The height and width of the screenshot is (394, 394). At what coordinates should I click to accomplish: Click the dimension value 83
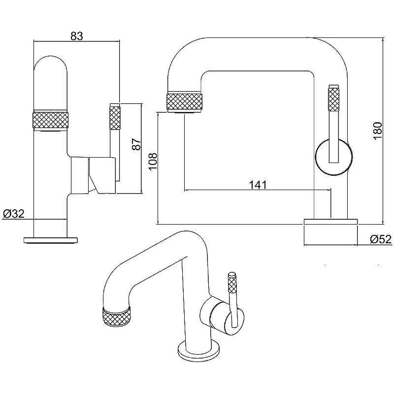click(76, 36)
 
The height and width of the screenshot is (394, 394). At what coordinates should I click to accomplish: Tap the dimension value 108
click(152, 160)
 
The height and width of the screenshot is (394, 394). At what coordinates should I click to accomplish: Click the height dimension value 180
click(378, 131)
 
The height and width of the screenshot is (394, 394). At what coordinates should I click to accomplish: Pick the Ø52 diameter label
click(380, 239)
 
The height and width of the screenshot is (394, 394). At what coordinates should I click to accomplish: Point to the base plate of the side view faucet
click(329, 221)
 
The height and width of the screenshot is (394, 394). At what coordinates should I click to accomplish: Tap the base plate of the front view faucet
click(51, 240)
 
